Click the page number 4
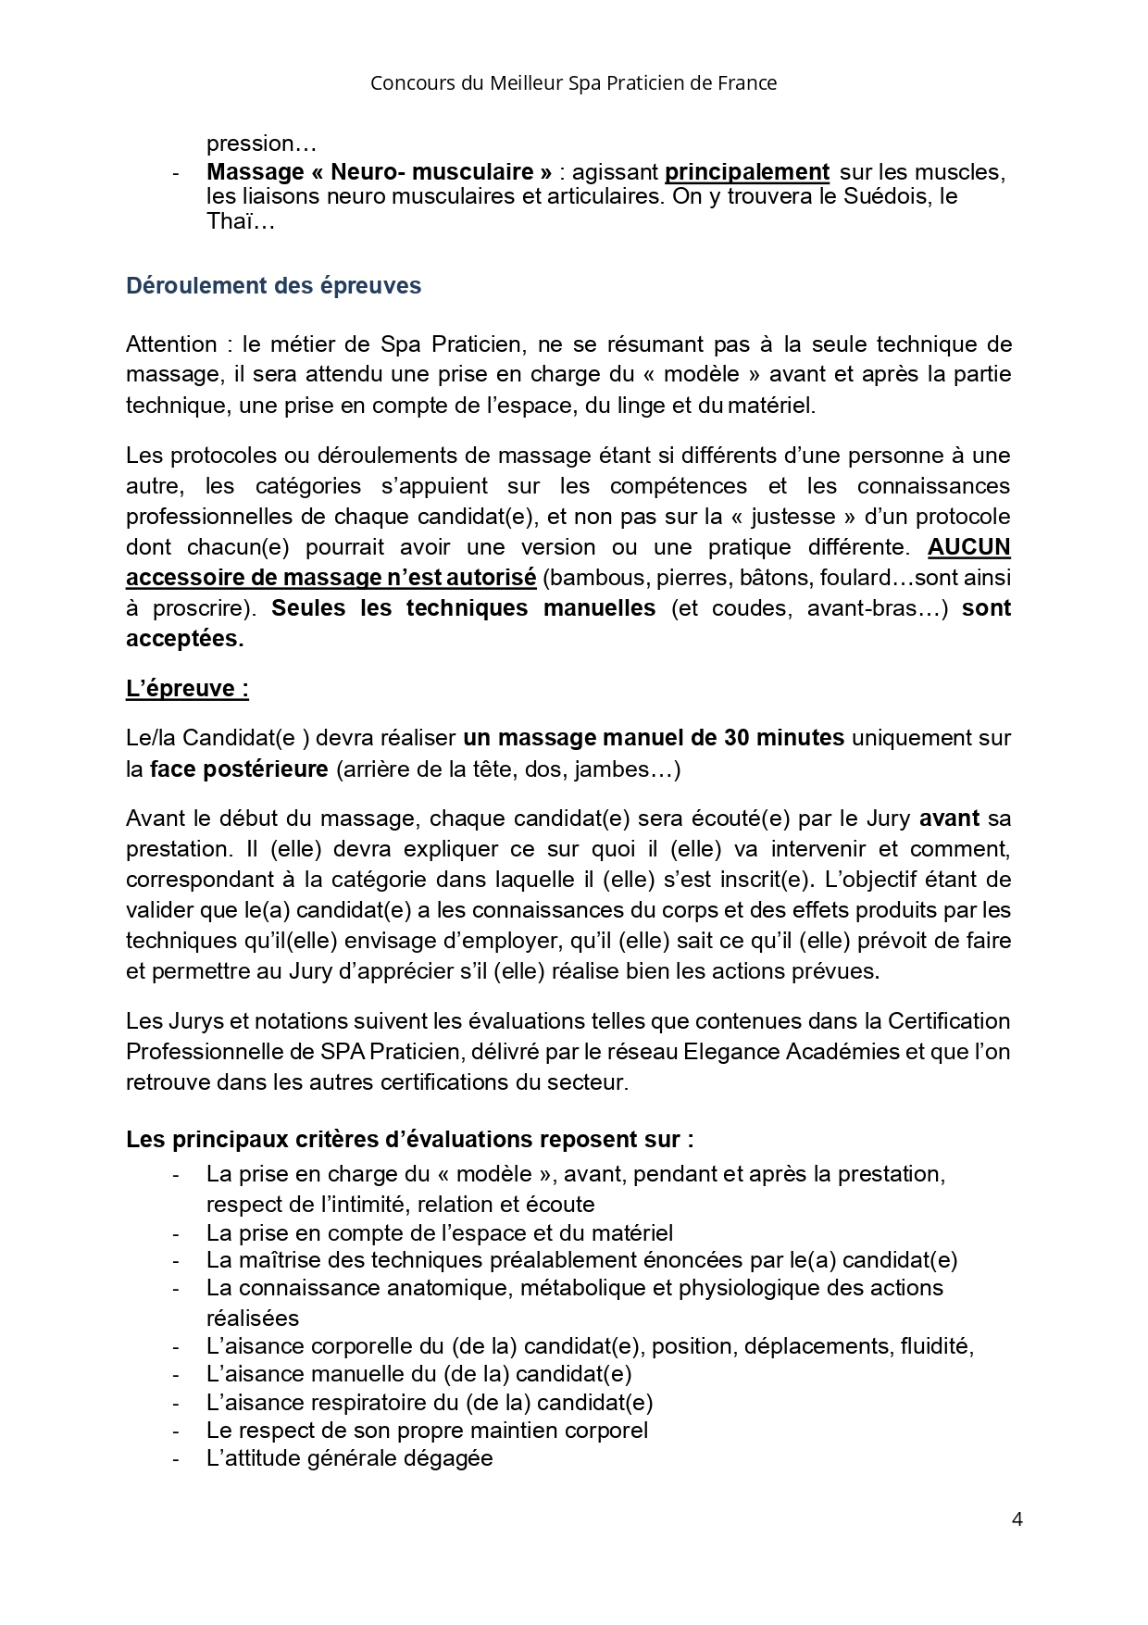coord(1017,1519)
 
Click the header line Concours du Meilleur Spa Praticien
coord(573,83)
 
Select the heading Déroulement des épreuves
coord(273,286)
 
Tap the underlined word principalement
coord(746,172)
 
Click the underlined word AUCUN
coord(968,547)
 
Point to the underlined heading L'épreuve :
coord(187,689)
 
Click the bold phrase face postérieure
coord(239,769)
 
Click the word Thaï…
coord(241,221)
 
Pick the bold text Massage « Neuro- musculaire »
coord(379,172)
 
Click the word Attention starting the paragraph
coord(171,344)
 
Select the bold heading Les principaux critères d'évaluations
coord(409,1140)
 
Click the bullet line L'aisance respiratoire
coord(430,1403)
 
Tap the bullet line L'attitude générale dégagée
coord(349,1458)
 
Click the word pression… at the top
coord(261,144)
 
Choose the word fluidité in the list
coord(935,1346)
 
